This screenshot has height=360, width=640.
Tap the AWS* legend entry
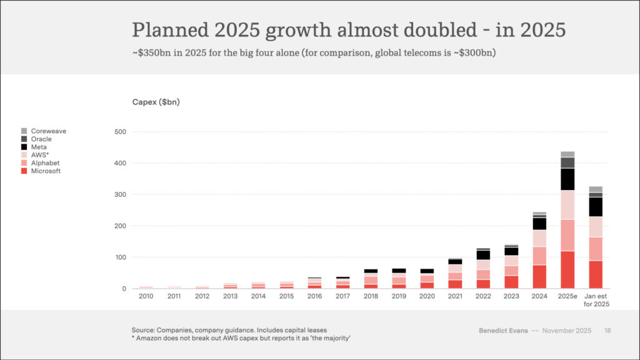(39, 155)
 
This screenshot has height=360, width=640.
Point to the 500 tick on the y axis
(121, 132)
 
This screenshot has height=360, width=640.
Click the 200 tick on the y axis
(121, 226)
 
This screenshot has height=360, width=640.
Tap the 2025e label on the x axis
(567, 296)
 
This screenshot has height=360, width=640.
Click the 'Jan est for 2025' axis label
(596, 300)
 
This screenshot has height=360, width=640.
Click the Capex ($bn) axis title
(156, 102)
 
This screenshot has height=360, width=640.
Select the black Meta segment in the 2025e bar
(567, 179)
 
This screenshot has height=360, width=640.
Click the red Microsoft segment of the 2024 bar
(539, 276)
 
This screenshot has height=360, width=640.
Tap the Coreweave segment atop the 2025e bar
(567, 154)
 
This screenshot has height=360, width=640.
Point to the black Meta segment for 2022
(483, 255)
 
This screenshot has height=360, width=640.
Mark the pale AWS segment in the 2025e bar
(567, 205)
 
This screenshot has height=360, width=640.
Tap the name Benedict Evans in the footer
(502, 330)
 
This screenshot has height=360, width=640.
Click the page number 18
(607, 330)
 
